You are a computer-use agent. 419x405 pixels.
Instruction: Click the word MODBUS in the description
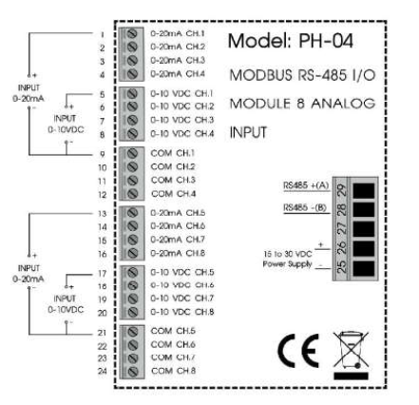tap(253, 75)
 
